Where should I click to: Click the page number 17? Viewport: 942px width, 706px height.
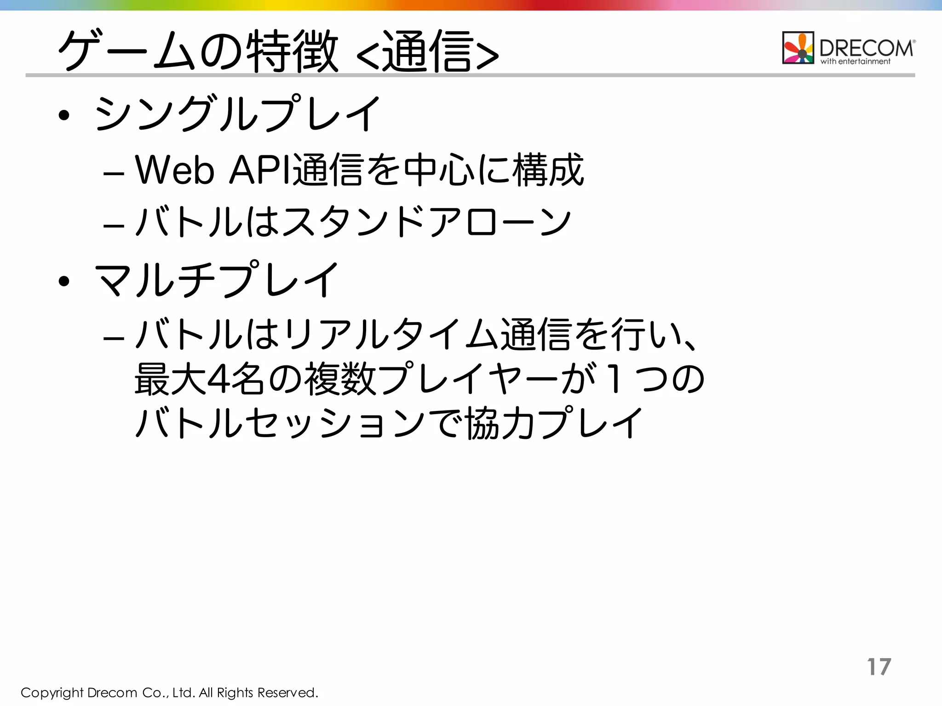pos(879,666)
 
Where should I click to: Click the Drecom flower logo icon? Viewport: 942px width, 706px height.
pos(798,48)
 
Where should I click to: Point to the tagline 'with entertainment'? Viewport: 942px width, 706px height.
pos(856,62)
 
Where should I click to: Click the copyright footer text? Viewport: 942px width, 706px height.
pos(169,692)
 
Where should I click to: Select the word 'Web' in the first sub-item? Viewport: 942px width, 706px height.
pos(175,171)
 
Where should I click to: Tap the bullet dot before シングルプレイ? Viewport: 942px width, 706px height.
pos(64,115)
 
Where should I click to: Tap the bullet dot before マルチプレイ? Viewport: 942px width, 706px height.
pos(64,281)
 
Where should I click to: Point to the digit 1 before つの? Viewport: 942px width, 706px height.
pos(614,380)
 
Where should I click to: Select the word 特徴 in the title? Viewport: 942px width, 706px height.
pos(293,51)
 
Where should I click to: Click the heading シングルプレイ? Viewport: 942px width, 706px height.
pos(237,114)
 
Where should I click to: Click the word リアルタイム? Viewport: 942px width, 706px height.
pos(391,334)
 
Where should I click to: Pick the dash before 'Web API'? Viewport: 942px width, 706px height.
pos(114,174)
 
